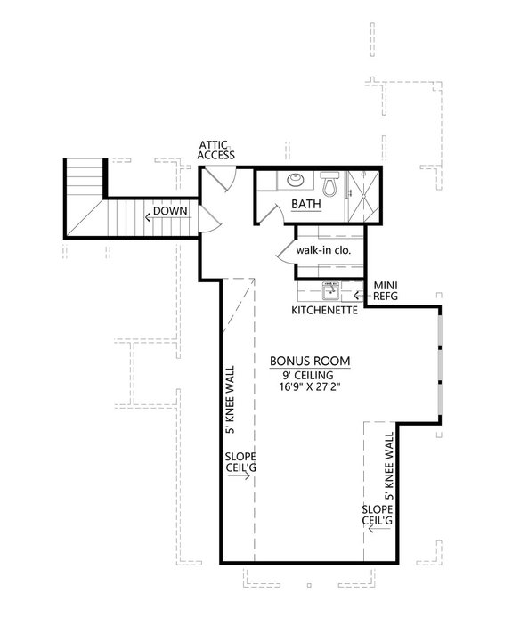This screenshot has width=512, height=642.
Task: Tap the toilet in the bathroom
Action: click(x=329, y=185)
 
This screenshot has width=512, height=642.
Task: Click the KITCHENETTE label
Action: click(x=325, y=311)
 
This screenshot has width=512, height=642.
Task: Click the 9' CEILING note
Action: click(x=309, y=376)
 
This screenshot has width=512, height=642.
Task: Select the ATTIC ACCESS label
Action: click(x=215, y=149)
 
